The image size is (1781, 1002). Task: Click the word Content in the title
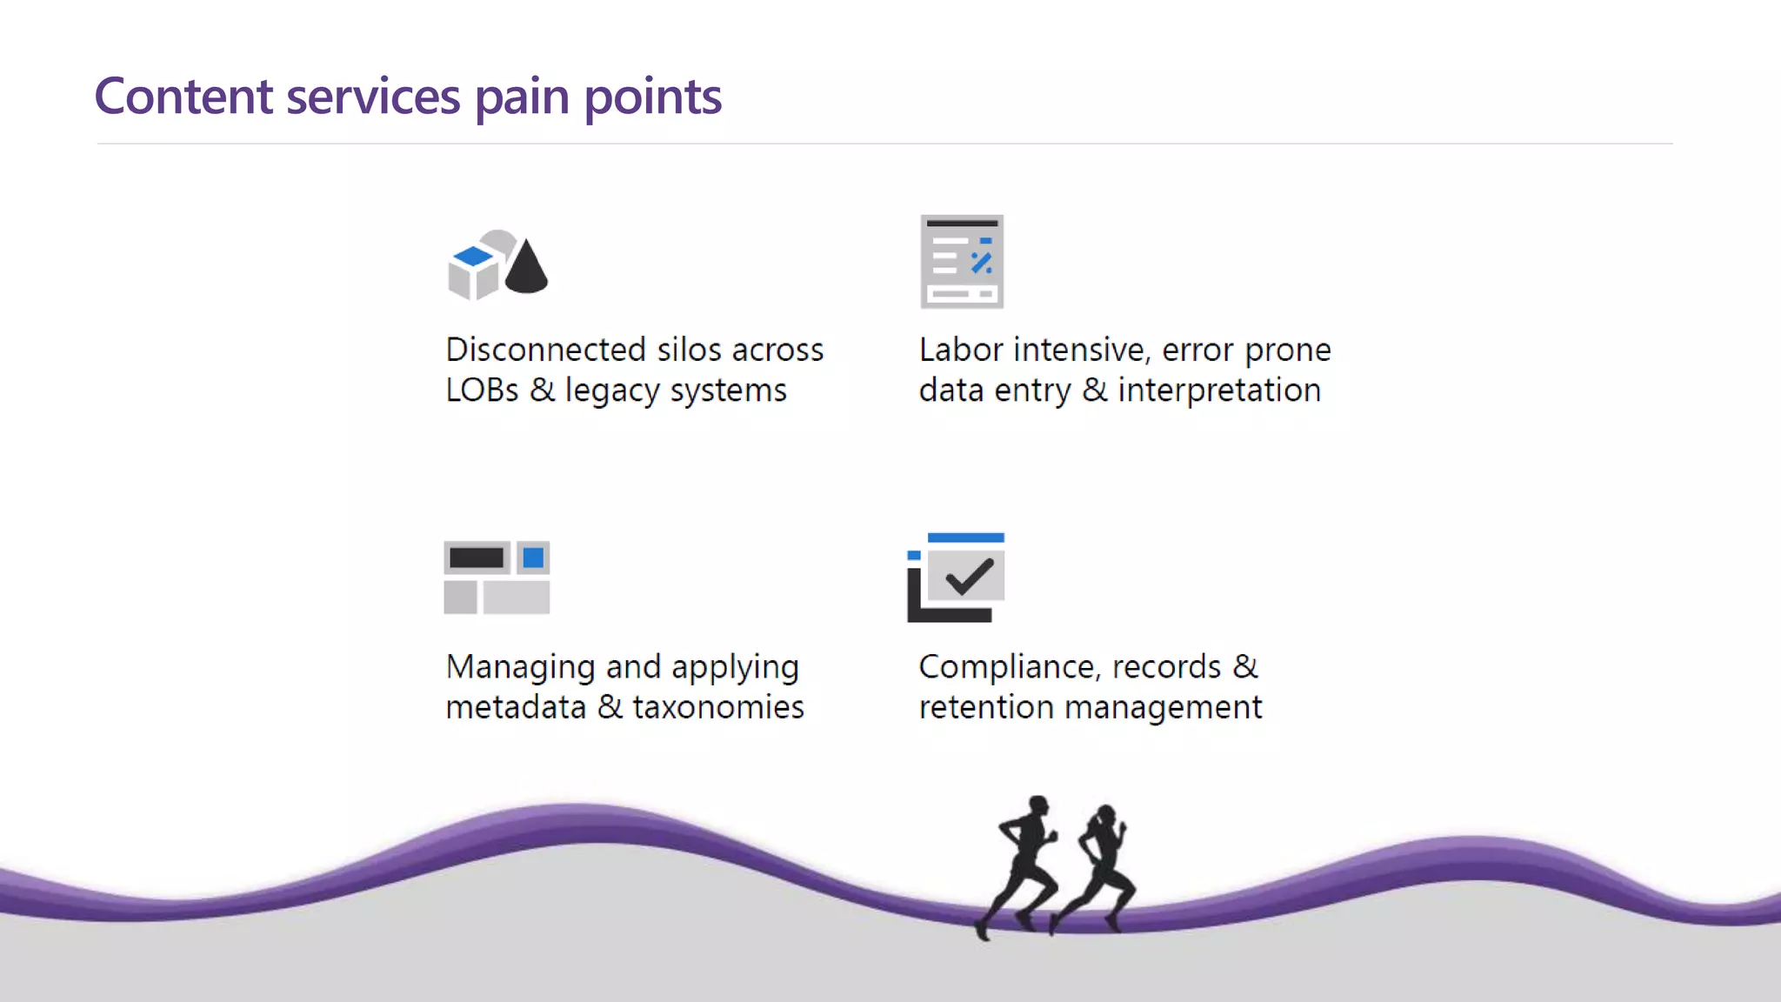click(x=183, y=96)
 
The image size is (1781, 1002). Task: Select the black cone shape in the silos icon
click(x=526, y=267)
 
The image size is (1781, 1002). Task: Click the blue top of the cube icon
click(x=474, y=256)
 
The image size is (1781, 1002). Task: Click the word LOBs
click(x=482, y=391)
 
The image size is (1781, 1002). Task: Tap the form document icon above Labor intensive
click(x=962, y=262)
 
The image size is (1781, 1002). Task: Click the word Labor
click(x=961, y=350)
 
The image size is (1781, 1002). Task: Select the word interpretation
click(x=1219, y=391)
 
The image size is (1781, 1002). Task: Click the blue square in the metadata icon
click(x=533, y=558)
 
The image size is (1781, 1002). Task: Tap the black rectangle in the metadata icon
click(x=477, y=558)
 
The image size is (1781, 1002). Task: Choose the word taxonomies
click(x=717, y=707)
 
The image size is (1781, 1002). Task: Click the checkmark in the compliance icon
click(x=969, y=576)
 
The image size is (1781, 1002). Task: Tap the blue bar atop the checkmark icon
click(x=965, y=538)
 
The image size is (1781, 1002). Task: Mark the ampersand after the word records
click(x=1245, y=666)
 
